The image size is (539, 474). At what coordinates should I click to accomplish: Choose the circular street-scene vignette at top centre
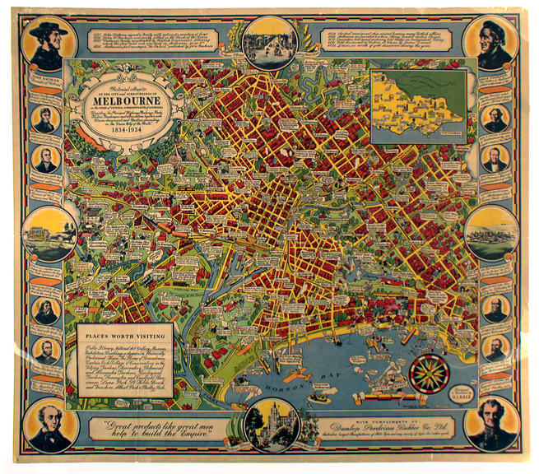coord(269,42)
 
